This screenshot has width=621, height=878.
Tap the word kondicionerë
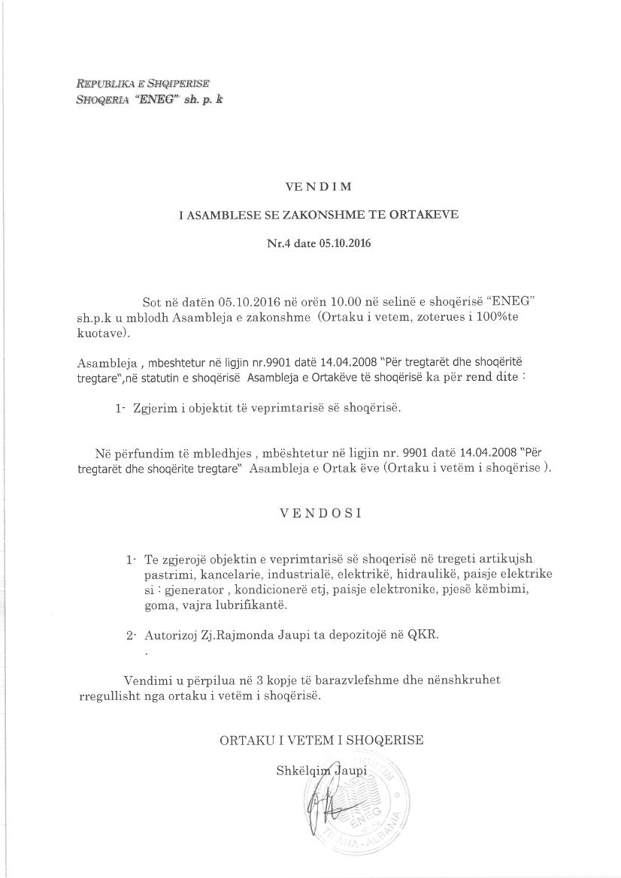click(278, 590)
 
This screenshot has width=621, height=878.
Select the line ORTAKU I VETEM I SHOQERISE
click(321, 740)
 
